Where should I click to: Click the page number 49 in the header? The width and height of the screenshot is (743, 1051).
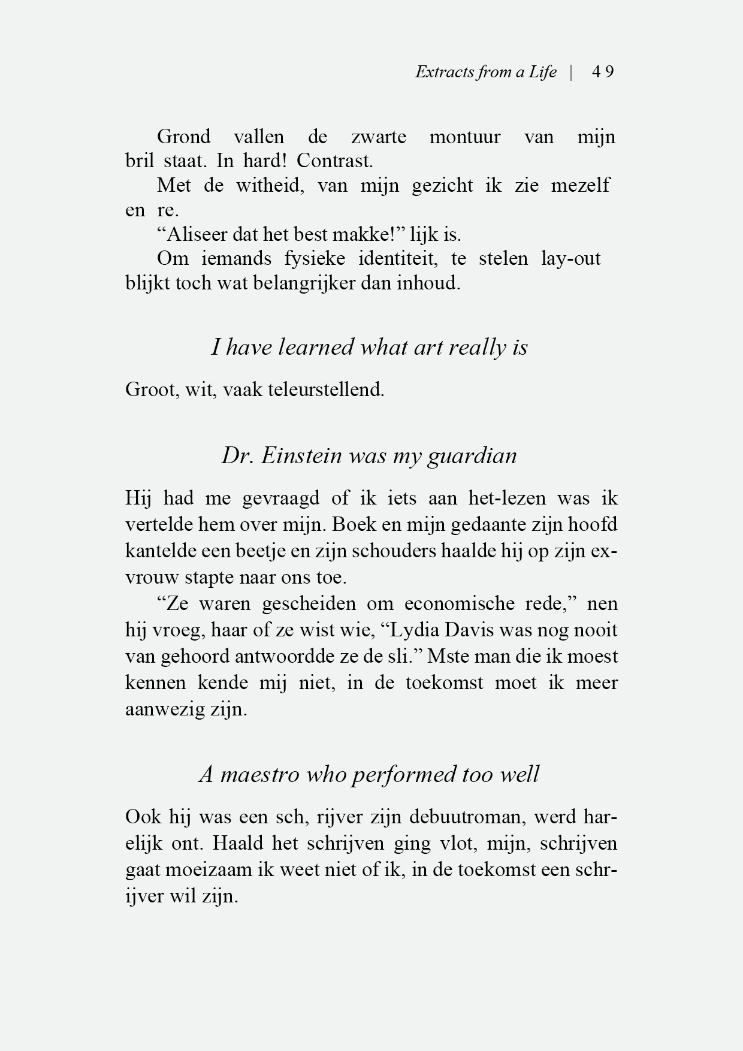[x=602, y=73]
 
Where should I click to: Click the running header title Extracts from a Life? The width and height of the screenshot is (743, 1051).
[x=485, y=73]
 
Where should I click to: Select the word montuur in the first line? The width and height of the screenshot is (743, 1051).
[x=464, y=137]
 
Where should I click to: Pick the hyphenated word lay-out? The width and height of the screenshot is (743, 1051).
[x=570, y=259]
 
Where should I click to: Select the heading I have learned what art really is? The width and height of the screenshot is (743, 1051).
[x=369, y=348]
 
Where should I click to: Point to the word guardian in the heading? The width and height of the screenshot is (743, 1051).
[x=472, y=456]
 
